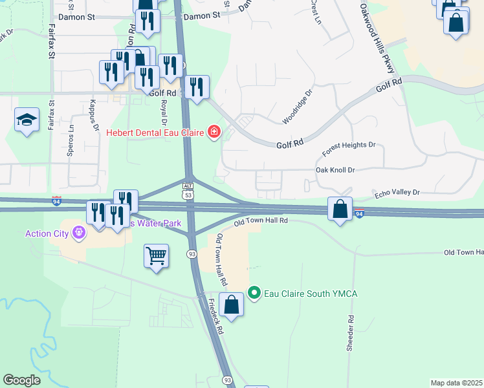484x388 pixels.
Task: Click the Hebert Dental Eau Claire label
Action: pos(155,133)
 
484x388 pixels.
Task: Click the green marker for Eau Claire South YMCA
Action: pos(254,294)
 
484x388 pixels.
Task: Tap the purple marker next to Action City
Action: pos(80,232)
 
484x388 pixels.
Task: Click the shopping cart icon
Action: pos(157,257)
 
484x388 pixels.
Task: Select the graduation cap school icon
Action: pos(27,120)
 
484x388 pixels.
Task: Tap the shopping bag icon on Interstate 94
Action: pos(340,209)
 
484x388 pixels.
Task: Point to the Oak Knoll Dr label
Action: pos(335,170)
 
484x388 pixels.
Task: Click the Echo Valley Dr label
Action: pos(397,193)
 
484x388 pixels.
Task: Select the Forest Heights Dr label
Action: pos(349,149)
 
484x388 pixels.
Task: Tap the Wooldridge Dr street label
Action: pos(297,107)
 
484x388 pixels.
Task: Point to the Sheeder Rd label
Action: pos(350,333)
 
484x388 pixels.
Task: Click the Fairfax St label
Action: pos(50,43)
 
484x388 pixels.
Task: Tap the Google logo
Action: pos(21,380)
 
